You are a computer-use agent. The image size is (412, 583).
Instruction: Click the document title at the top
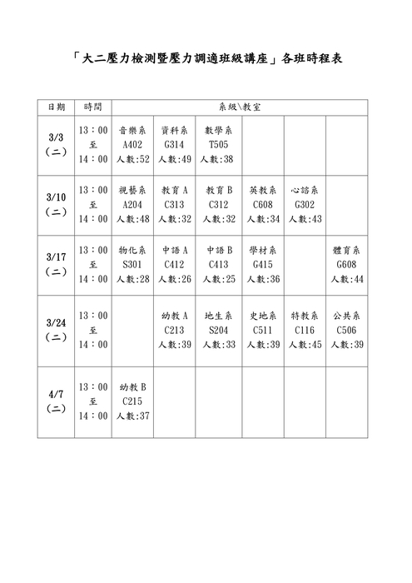[206, 60]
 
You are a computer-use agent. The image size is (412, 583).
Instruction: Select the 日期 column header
[56, 107]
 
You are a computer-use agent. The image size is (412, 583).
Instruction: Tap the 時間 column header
[92, 107]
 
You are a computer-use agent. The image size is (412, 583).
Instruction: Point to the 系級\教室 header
[240, 107]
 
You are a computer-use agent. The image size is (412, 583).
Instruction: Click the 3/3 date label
[56, 138]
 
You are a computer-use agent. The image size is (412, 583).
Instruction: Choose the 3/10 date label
[56, 197]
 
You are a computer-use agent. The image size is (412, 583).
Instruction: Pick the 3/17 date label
[56, 257]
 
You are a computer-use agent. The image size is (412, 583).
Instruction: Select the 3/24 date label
[56, 322]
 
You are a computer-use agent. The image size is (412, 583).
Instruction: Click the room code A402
[133, 145]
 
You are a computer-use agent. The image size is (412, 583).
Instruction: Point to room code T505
[218, 145]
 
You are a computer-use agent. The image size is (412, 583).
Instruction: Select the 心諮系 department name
[305, 190]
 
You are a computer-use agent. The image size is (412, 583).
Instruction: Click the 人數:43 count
[305, 219]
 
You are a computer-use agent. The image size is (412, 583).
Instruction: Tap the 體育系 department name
[346, 250]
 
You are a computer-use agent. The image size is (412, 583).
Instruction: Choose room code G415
[261, 264]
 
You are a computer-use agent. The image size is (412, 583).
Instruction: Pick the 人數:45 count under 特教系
[305, 345]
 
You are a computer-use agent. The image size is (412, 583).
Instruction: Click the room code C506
[346, 331]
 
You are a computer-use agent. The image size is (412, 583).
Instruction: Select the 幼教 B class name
[133, 387]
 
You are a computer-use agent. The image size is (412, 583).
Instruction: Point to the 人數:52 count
[133, 159]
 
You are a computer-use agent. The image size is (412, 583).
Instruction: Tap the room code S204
[218, 331]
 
